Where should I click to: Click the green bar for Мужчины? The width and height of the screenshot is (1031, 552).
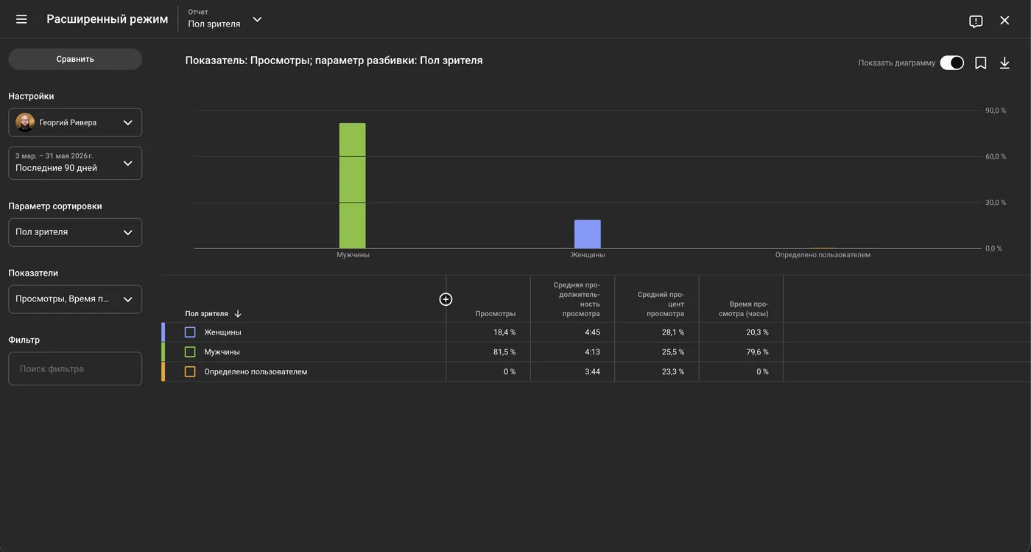(x=353, y=186)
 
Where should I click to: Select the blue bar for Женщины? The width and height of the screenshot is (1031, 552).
(x=588, y=234)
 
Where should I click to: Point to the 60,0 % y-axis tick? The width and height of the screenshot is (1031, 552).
(x=996, y=157)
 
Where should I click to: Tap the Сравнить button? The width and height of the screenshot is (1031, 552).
(x=75, y=59)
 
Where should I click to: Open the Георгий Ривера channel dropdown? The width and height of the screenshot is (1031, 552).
(x=75, y=122)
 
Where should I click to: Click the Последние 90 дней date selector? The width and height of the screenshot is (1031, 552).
(x=75, y=163)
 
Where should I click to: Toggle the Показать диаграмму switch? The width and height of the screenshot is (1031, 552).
(x=951, y=63)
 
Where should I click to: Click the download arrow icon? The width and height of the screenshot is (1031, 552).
(x=1004, y=63)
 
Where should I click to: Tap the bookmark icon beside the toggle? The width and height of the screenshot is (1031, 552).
(x=981, y=63)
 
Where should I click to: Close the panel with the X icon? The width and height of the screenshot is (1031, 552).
(x=1004, y=21)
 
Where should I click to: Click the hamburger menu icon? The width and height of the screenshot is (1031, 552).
(x=21, y=19)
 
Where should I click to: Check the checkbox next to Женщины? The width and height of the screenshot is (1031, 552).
(x=190, y=332)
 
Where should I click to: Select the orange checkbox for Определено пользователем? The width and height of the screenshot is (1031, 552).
(x=190, y=372)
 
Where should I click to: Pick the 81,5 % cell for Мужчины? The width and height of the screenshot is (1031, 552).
(x=504, y=352)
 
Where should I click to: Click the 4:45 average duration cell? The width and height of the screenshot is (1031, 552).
(x=592, y=332)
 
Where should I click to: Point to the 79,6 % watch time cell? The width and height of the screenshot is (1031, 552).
(x=757, y=352)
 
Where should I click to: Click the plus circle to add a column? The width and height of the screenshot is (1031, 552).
(x=446, y=299)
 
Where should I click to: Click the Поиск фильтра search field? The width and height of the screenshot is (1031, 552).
(x=75, y=368)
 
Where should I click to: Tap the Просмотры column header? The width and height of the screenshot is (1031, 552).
(x=495, y=314)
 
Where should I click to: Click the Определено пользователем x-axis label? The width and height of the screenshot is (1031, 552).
(x=823, y=255)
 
